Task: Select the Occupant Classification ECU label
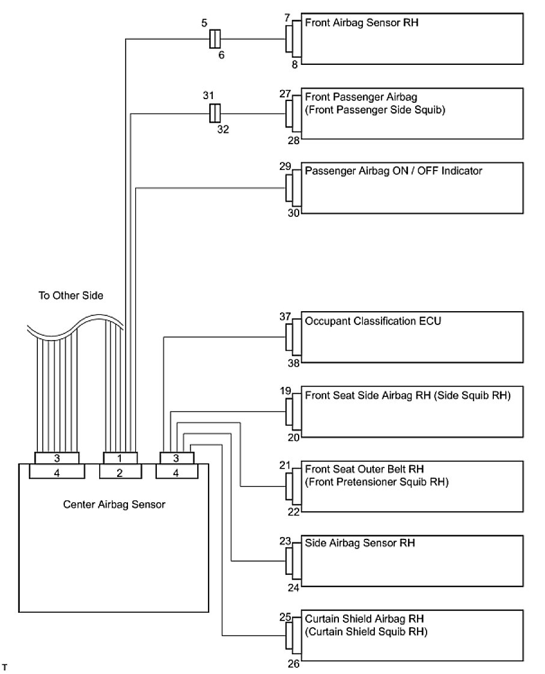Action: [373, 321]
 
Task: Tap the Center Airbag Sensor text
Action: [114, 504]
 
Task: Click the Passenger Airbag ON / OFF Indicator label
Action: [393, 171]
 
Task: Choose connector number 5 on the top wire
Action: [204, 24]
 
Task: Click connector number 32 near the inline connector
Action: [223, 129]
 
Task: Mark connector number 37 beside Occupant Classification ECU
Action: [285, 317]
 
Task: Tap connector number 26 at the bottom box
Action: [293, 664]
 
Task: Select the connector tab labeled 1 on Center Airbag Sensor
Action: [120, 458]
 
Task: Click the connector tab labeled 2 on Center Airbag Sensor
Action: [120, 473]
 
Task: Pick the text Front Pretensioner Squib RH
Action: [377, 482]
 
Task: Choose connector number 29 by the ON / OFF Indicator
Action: [285, 166]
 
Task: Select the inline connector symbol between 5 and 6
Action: [215, 39]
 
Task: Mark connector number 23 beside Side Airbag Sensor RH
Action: [285, 541]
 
